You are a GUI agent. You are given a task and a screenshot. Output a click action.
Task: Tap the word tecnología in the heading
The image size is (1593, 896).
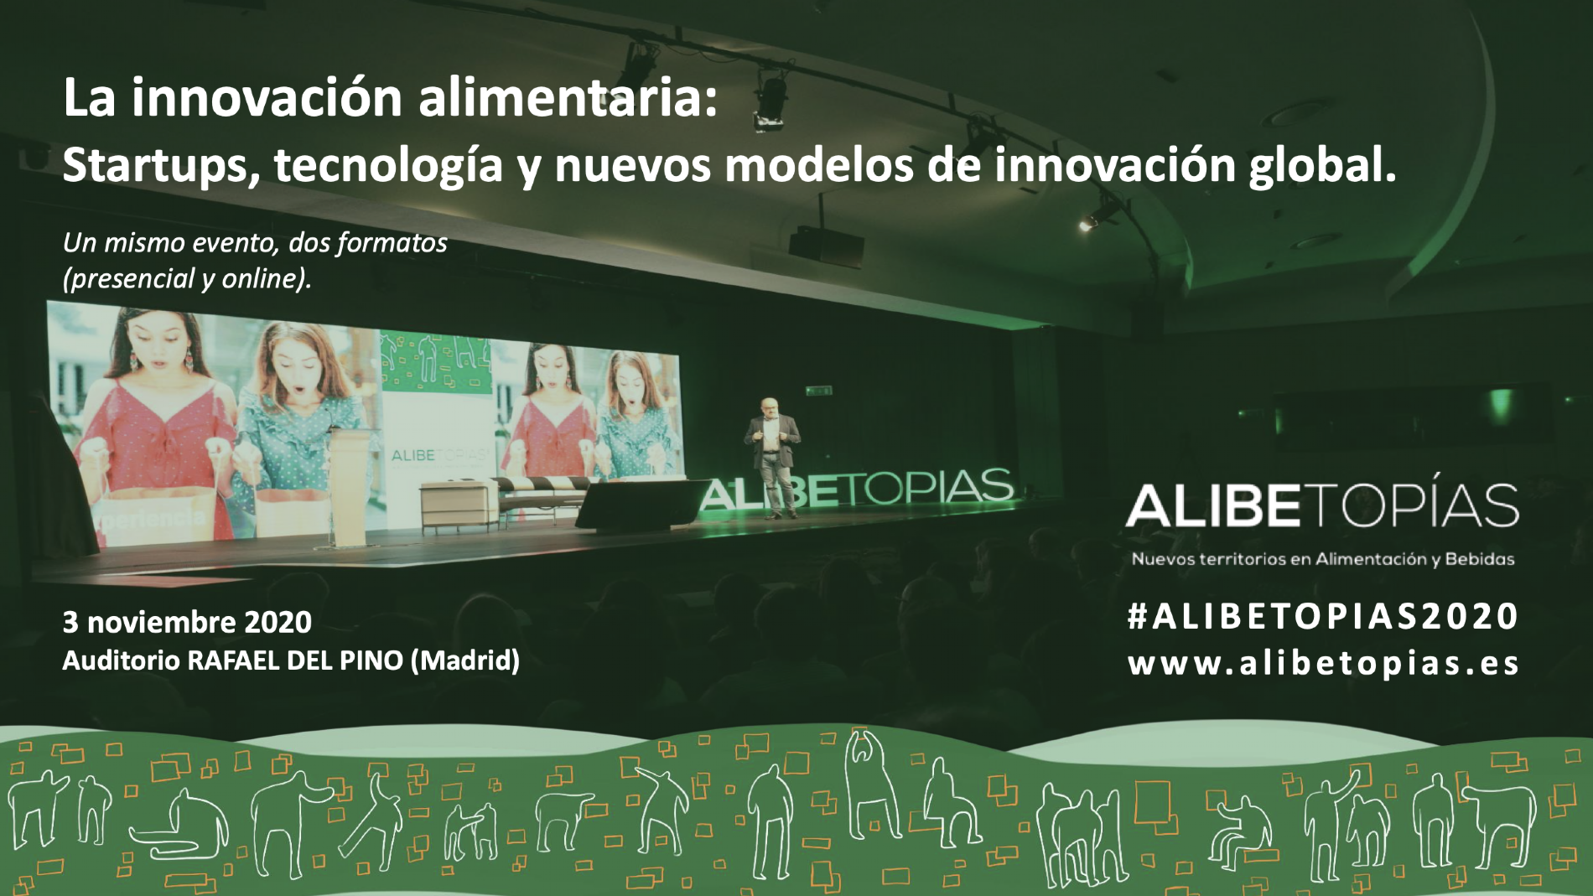coord(388,166)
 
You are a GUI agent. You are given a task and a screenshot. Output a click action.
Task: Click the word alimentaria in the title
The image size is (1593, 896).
coord(555,98)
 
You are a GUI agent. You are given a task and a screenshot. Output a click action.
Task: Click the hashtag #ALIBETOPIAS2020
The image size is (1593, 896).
coord(1323,616)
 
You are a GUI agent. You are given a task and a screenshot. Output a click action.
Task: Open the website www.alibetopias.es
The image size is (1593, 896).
coord(1323,663)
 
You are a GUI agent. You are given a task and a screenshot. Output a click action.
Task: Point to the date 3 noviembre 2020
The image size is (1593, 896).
coord(187,622)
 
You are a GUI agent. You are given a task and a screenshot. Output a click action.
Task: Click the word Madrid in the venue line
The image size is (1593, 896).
coord(465,660)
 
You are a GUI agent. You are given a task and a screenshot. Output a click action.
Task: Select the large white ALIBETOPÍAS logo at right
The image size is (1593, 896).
coord(1322,505)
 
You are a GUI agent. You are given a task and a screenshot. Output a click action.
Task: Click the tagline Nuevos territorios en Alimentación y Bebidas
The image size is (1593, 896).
coord(1323,559)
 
